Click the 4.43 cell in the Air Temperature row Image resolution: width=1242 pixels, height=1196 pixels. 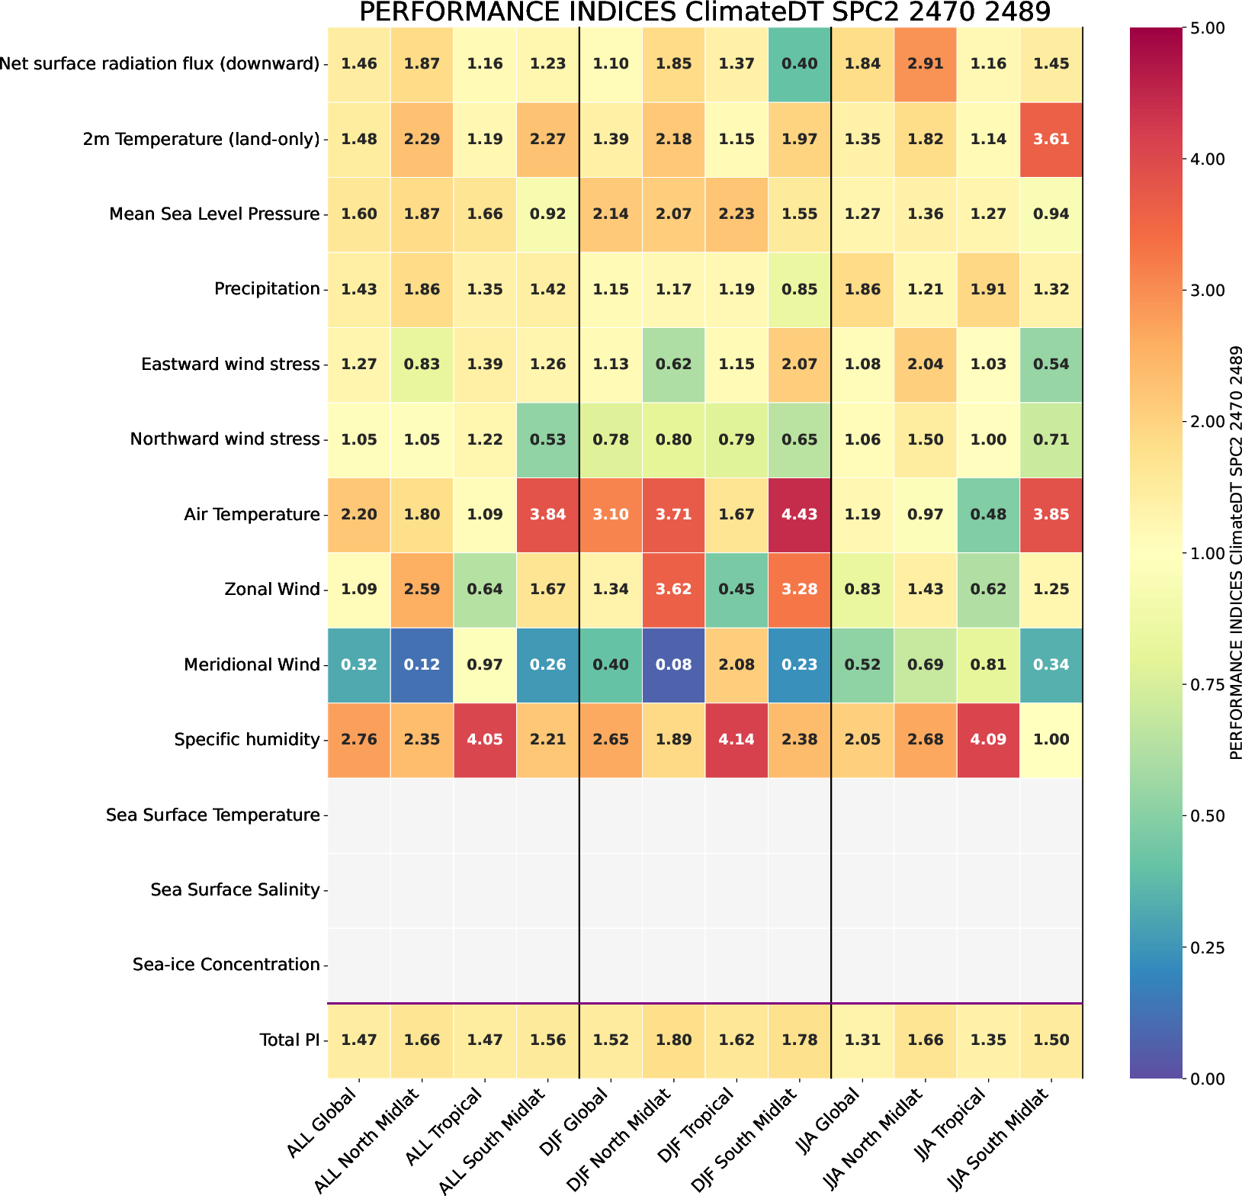pyautogui.click(x=799, y=515)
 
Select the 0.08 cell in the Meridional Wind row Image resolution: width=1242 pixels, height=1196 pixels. pyautogui.click(x=673, y=665)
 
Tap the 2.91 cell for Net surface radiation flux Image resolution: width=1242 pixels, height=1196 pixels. pyautogui.click(x=925, y=64)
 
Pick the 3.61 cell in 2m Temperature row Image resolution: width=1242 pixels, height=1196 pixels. pyautogui.click(x=1051, y=140)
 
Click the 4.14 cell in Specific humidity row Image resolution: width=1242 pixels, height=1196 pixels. pyautogui.click(x=737, y=740)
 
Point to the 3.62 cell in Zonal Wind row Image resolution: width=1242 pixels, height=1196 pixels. pyautogui.click(x=673, y=590)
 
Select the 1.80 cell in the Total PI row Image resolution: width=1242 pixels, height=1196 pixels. pyautogui.click(x=673, y=1040)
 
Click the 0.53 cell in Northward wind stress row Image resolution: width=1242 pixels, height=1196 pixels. pyautogui.click(x=547, y=440)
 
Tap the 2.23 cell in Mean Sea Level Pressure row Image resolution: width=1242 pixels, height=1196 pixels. pyautogui.click(x=737, y=214)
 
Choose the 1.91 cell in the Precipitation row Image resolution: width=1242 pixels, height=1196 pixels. pyautogui.click(x=988, y=290)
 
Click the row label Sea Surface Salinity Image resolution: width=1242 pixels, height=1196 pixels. pyautogui.click(x=235, y=890)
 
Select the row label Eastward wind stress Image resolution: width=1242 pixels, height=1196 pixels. pyautogui.click(x=230, y=365)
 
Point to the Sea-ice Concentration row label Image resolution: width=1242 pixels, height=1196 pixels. pyautogui.click(x=226, y=965)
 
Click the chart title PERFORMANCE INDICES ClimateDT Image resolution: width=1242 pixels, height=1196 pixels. pyautogui.click(x=704, y=12)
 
